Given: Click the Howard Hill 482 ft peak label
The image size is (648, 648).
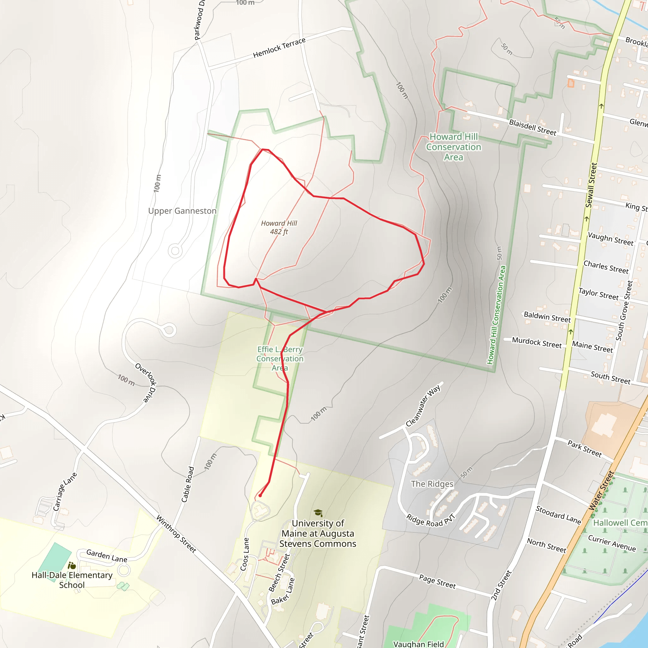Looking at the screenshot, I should (x=279, y=227).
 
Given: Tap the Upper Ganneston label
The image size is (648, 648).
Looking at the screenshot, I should (x=182, y=211).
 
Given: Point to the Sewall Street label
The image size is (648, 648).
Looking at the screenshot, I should (x=591, y=185).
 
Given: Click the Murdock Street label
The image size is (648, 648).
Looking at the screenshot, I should (x=537, y=342).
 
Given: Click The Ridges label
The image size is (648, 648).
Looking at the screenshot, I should (x=432, y=484).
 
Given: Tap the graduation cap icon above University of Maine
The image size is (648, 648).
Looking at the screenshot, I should (x=318, y=513).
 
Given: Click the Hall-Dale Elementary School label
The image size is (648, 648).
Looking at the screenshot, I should (x=72, y=580).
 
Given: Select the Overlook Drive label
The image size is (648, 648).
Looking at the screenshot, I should (x=146, y=382).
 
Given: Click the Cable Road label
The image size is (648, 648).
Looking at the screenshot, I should (x=188, y=484).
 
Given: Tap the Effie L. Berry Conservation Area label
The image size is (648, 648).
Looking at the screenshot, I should (x=280, y=358).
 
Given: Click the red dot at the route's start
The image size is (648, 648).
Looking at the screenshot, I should (x=260, y=496).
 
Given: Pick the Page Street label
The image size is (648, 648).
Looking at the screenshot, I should (x=437, y=582).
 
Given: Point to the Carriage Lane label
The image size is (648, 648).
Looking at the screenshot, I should (x=65, y=492).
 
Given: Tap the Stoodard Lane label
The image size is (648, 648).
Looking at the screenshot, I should (x=558, y=515).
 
